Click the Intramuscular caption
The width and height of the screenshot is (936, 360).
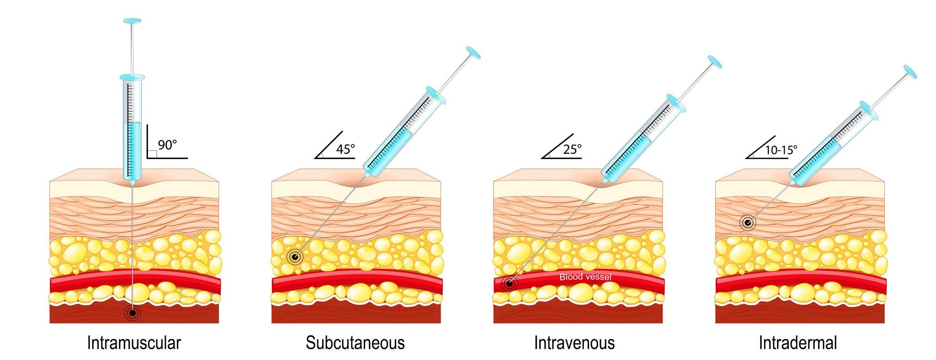point(134,343)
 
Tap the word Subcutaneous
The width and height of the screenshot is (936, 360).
point(355,343)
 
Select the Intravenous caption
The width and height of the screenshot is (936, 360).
point(574,343)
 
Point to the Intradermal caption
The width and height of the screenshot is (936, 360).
point(798,343)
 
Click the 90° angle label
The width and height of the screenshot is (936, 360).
point(167,145)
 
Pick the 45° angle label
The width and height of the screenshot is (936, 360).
point(346,149)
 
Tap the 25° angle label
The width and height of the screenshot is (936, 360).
point(572,149)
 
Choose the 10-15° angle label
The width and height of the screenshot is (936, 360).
point(781,150)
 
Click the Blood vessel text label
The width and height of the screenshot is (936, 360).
point(585,277)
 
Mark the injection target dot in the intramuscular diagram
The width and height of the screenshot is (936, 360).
point(133,313)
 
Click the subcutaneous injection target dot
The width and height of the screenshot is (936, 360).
point(295,257)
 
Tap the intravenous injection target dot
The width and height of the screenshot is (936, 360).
point(509,283)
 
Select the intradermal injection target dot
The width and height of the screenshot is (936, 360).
point(748,223)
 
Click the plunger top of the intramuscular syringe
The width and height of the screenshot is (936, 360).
point(133,21)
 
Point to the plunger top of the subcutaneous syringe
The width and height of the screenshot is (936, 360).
point(473,53)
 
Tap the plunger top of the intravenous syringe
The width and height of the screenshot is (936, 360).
point(714,62)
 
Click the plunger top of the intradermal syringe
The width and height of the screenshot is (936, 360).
point(910,72)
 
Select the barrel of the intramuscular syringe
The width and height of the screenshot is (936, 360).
point(133,128)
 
